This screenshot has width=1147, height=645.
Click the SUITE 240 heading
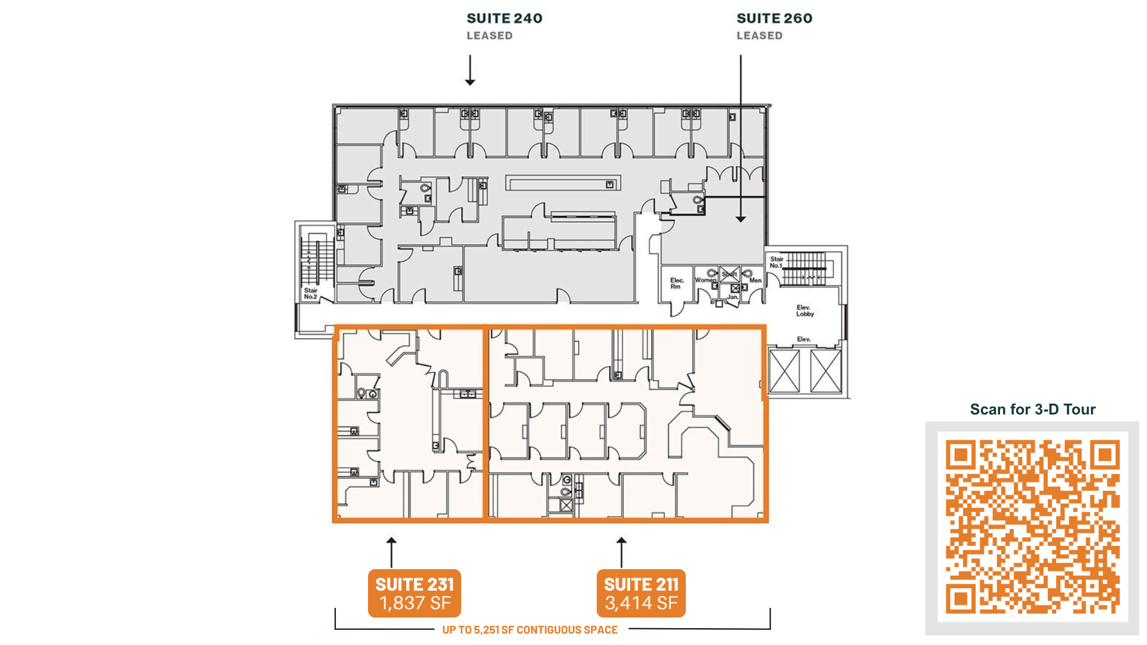[504, 19]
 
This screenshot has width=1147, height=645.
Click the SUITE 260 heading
[774, 19]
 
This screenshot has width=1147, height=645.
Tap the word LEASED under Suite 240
[489, 36]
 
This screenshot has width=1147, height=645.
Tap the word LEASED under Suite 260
[759, 36]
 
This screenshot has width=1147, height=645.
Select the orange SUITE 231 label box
[415, 593]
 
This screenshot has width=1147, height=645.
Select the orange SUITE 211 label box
[641, 593]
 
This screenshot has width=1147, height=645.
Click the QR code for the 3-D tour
[1032, 527]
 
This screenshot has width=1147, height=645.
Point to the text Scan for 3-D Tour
[1032, 409]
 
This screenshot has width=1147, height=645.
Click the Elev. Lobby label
[805, 311]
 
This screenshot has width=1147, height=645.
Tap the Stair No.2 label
[311, 293]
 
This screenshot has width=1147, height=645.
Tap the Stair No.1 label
[776, 262]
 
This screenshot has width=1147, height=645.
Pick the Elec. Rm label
[676, 283]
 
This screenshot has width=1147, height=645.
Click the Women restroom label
[706, 279]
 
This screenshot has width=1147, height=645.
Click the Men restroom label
[756, 280]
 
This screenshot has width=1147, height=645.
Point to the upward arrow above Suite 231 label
[391, 552]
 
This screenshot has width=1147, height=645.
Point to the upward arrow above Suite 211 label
[621, 552]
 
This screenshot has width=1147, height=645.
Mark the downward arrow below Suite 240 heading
[470, 70]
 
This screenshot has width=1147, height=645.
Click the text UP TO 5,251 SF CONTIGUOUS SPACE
[530, 629]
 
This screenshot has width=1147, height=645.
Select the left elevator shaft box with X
[784, 371]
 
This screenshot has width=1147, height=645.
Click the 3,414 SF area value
[641, 603]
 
